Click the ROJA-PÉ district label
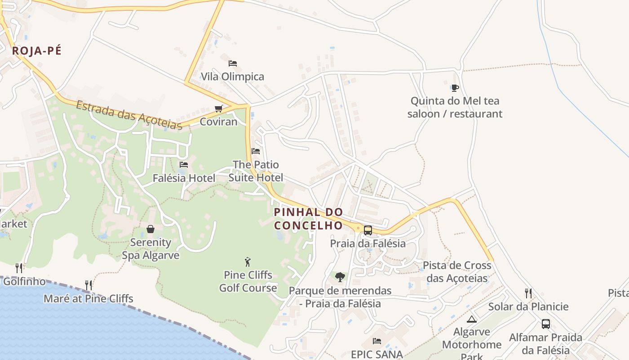[36, 50]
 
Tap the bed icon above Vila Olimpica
[232, 63]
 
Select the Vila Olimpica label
[232, 76]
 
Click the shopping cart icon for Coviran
[219, 108]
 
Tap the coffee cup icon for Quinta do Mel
[455, 88]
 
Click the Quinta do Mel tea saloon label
[455, 107]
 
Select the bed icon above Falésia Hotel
[183, 165]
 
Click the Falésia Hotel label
[184, 178]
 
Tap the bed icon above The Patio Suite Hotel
[256, 151]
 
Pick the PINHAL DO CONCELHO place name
[309, 218]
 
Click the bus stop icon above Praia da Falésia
[368, 230]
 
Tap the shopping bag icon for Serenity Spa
[151, 229]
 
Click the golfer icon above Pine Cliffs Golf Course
[248, 261]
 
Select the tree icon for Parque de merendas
[340, 277]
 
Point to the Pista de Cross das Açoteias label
[457, 272]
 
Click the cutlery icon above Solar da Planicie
[528, 293]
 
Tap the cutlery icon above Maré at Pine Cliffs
[89, 285]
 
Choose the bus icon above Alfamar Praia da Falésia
[546, 324]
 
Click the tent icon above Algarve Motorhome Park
[471, 319]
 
